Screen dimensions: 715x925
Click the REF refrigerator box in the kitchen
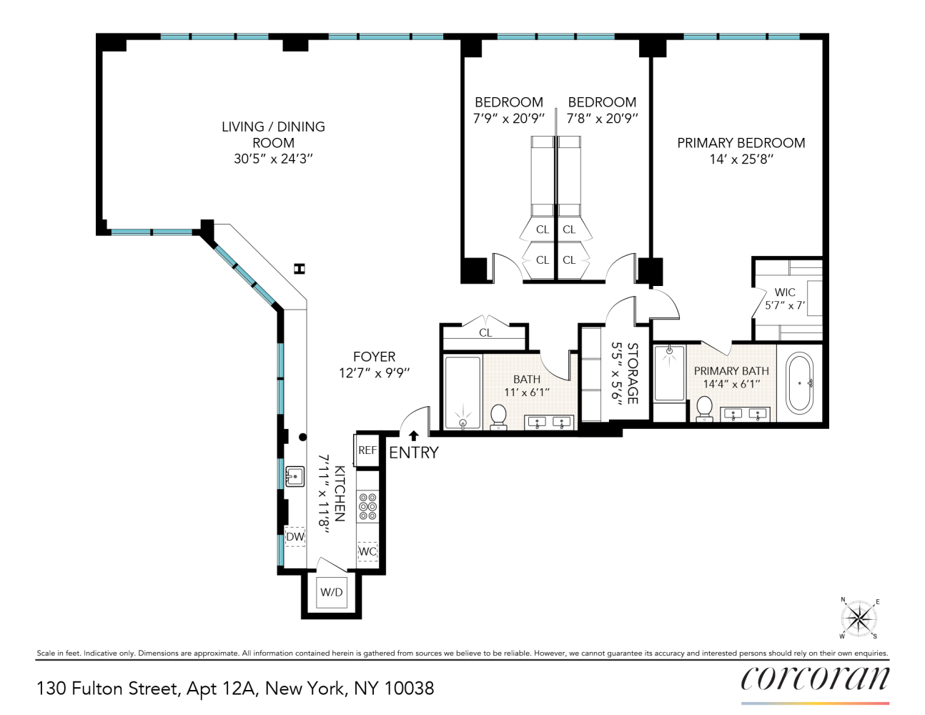coord(367,450)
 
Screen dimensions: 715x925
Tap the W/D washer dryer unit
coord(331,592)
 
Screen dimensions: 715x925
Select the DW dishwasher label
coord(295,536)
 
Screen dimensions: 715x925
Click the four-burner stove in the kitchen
coord(367,506)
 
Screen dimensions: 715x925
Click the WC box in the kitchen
coord(367,551)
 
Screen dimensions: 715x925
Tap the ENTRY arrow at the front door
coord(413,435)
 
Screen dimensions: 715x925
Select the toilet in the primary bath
coord(704,409)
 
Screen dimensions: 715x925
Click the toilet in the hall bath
coord(498,416)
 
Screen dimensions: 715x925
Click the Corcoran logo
coord(815,679)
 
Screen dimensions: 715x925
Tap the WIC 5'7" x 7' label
coord(785,299)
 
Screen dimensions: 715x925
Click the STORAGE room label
coord(633,373)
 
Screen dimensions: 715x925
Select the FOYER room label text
coord(374,357)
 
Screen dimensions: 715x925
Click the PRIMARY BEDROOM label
coord(741,143)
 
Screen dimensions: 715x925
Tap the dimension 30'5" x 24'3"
coord(273,159)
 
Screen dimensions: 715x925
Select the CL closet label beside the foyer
coord(485,333)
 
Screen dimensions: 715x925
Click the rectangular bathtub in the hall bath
coord(462,392)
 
